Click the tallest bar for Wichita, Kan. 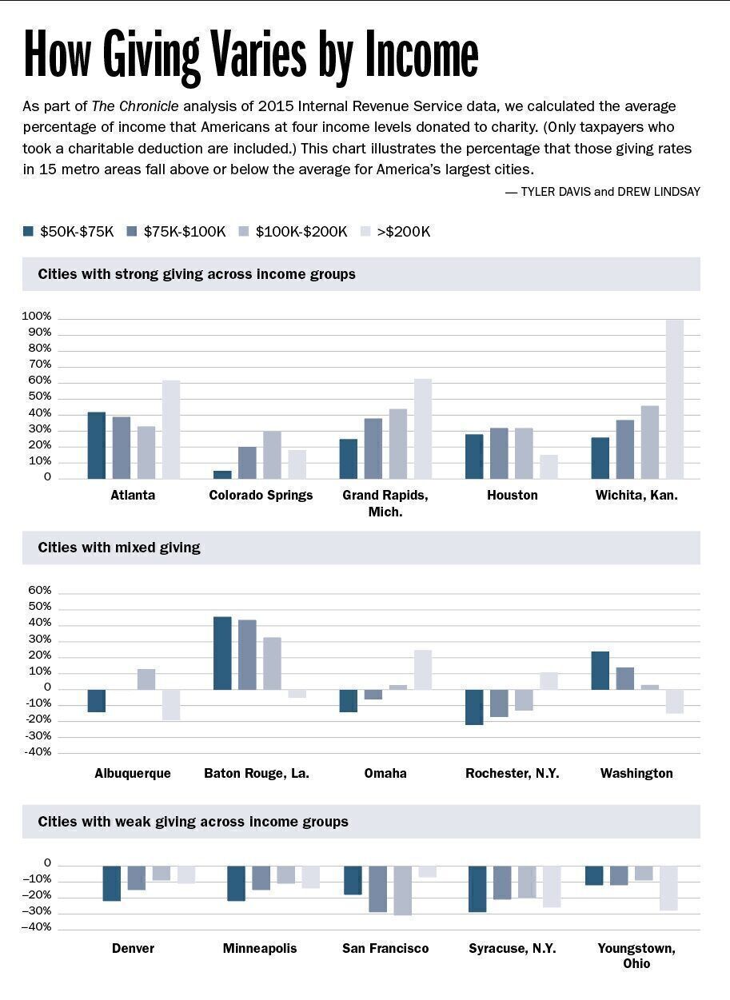(675, 400)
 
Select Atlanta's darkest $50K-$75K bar (97, 445)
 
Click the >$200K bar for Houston (548, 467)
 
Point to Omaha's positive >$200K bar (423, 670)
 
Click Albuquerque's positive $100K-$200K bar (146, 679)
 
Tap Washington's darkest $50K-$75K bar (600, 671)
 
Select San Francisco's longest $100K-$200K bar (402, 890)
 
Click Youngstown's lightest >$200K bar (668, 888)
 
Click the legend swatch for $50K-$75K (29, 232)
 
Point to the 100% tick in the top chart (38, 317)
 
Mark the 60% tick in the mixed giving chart (39, 591)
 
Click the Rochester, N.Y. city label (512, 774)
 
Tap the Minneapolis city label (260, 949)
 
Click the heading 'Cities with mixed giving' (119, 548)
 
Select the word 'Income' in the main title (422, 54)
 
